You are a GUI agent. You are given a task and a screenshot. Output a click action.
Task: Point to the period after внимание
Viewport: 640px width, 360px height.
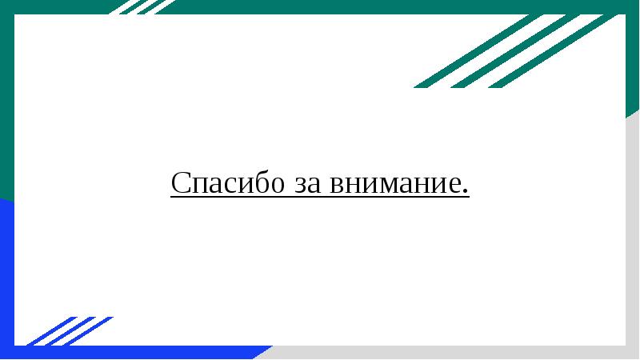pyautogui.click(x=466, y=193)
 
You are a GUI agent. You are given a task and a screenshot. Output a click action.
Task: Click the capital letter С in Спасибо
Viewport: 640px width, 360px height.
pyautogui.click(x=179, y=183)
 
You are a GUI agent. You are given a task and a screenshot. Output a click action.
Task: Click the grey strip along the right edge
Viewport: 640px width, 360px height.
pyautogui.click(x=633, y=240)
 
